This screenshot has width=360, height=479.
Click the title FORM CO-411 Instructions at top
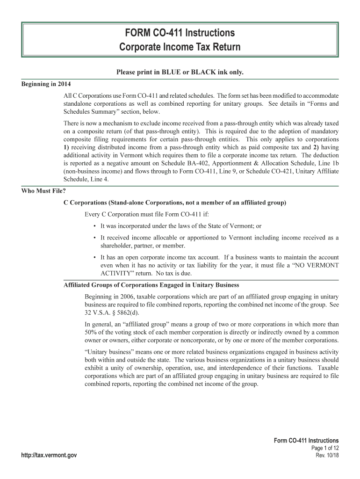point(180,33)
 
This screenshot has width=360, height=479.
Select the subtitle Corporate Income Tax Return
point(180,47)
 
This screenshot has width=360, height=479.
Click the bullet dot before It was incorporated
point(95,226)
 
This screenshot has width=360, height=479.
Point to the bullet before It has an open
point(95,258)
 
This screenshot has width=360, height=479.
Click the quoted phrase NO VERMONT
point(311,266)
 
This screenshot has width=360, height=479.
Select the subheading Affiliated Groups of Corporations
point(151,285)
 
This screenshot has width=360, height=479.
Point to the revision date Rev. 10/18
point(327,455)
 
